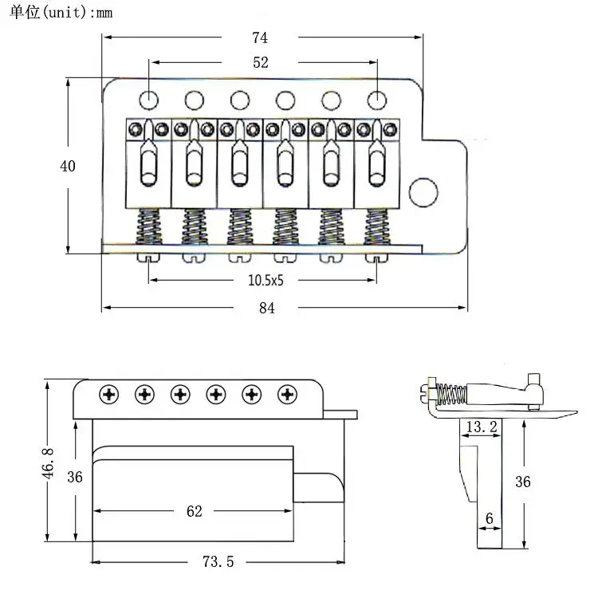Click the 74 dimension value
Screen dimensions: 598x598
tap(260, 37)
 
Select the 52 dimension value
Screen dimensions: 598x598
tap(260, 63)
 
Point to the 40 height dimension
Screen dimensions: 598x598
tap(68, 166)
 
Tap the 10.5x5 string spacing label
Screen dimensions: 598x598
tap(266, 280)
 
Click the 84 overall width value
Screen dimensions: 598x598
tap(266, 309)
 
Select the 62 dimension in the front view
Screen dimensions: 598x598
tap(194, 511)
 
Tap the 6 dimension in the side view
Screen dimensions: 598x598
tap(489, 518)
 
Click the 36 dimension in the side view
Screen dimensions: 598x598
tap(522, 482)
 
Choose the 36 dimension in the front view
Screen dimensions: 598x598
tap(75, 478)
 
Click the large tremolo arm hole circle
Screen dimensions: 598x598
tap(423, 191)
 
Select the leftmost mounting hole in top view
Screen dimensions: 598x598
tap(148, 100)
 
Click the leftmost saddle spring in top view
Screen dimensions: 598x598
tap(148, 228)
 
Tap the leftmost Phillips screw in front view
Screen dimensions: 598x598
tap(108, 394)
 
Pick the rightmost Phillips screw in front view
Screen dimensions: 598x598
tap(288, 394)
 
